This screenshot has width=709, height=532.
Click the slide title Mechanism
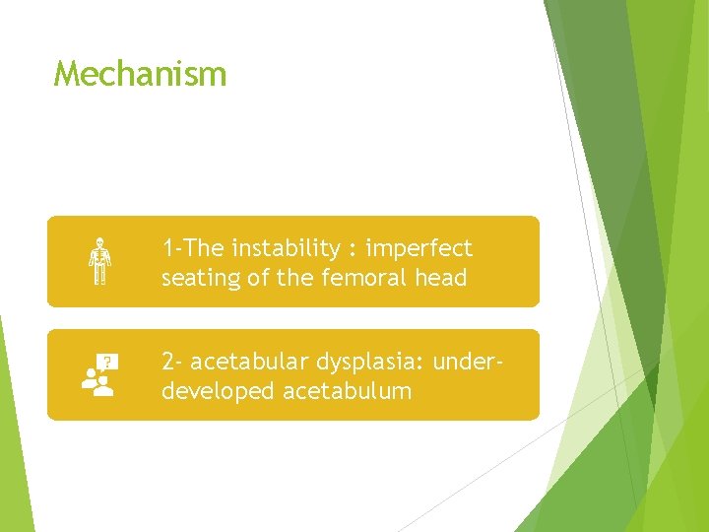point(140,74)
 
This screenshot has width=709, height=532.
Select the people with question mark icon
point(97,375)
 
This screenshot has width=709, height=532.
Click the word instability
point(279,248)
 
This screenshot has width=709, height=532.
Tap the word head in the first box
point(443,279)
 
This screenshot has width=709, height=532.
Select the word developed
point(218,391)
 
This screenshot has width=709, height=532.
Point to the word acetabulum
point(348,391)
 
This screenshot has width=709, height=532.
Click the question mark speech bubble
point(108,363)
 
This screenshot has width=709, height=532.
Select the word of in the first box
point(258,279)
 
